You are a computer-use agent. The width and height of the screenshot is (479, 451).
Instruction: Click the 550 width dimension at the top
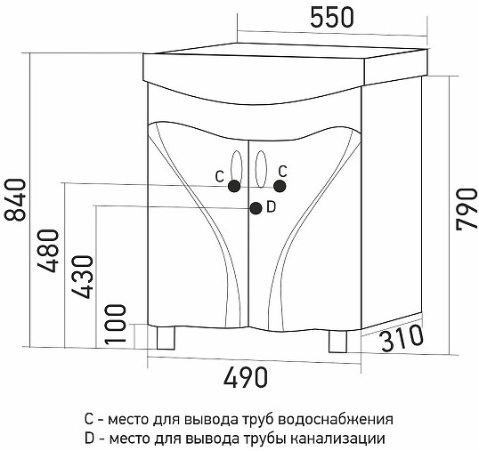point(332,18)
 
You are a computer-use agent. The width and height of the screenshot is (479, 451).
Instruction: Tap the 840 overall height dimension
point(15,200)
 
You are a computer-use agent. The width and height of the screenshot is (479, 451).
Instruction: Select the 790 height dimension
point(467,209)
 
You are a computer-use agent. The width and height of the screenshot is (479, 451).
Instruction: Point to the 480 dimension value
point(48,251)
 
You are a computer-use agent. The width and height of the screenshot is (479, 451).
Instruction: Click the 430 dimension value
point(82,277)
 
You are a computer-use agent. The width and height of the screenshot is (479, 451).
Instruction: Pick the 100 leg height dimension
point(115,324)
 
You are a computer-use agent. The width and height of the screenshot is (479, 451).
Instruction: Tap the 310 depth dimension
point(402,338)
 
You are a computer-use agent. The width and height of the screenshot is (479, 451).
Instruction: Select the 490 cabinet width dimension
point(246,377)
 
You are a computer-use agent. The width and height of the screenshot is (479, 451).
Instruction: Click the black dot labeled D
point(256,208)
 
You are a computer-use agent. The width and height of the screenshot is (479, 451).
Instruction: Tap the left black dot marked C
point(234,186)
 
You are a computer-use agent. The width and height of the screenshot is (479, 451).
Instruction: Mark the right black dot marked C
point(280,186)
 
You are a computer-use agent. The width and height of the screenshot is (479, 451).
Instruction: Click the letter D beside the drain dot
point(271,207)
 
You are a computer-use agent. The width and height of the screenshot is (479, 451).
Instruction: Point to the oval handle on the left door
point(237,169)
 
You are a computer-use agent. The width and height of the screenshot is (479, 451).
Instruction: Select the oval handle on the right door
point(261,169)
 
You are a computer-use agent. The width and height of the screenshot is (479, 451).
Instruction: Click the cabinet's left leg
point(166,337)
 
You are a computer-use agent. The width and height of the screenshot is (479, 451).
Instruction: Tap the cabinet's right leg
point(337,342)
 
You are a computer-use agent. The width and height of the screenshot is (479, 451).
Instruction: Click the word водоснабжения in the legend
point(337,420)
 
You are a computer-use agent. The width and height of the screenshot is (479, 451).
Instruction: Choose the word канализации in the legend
point(337,439)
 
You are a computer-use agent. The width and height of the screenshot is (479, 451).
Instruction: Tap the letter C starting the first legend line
point(89,419)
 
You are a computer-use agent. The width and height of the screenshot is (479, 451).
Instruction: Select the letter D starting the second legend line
point(89,439)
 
